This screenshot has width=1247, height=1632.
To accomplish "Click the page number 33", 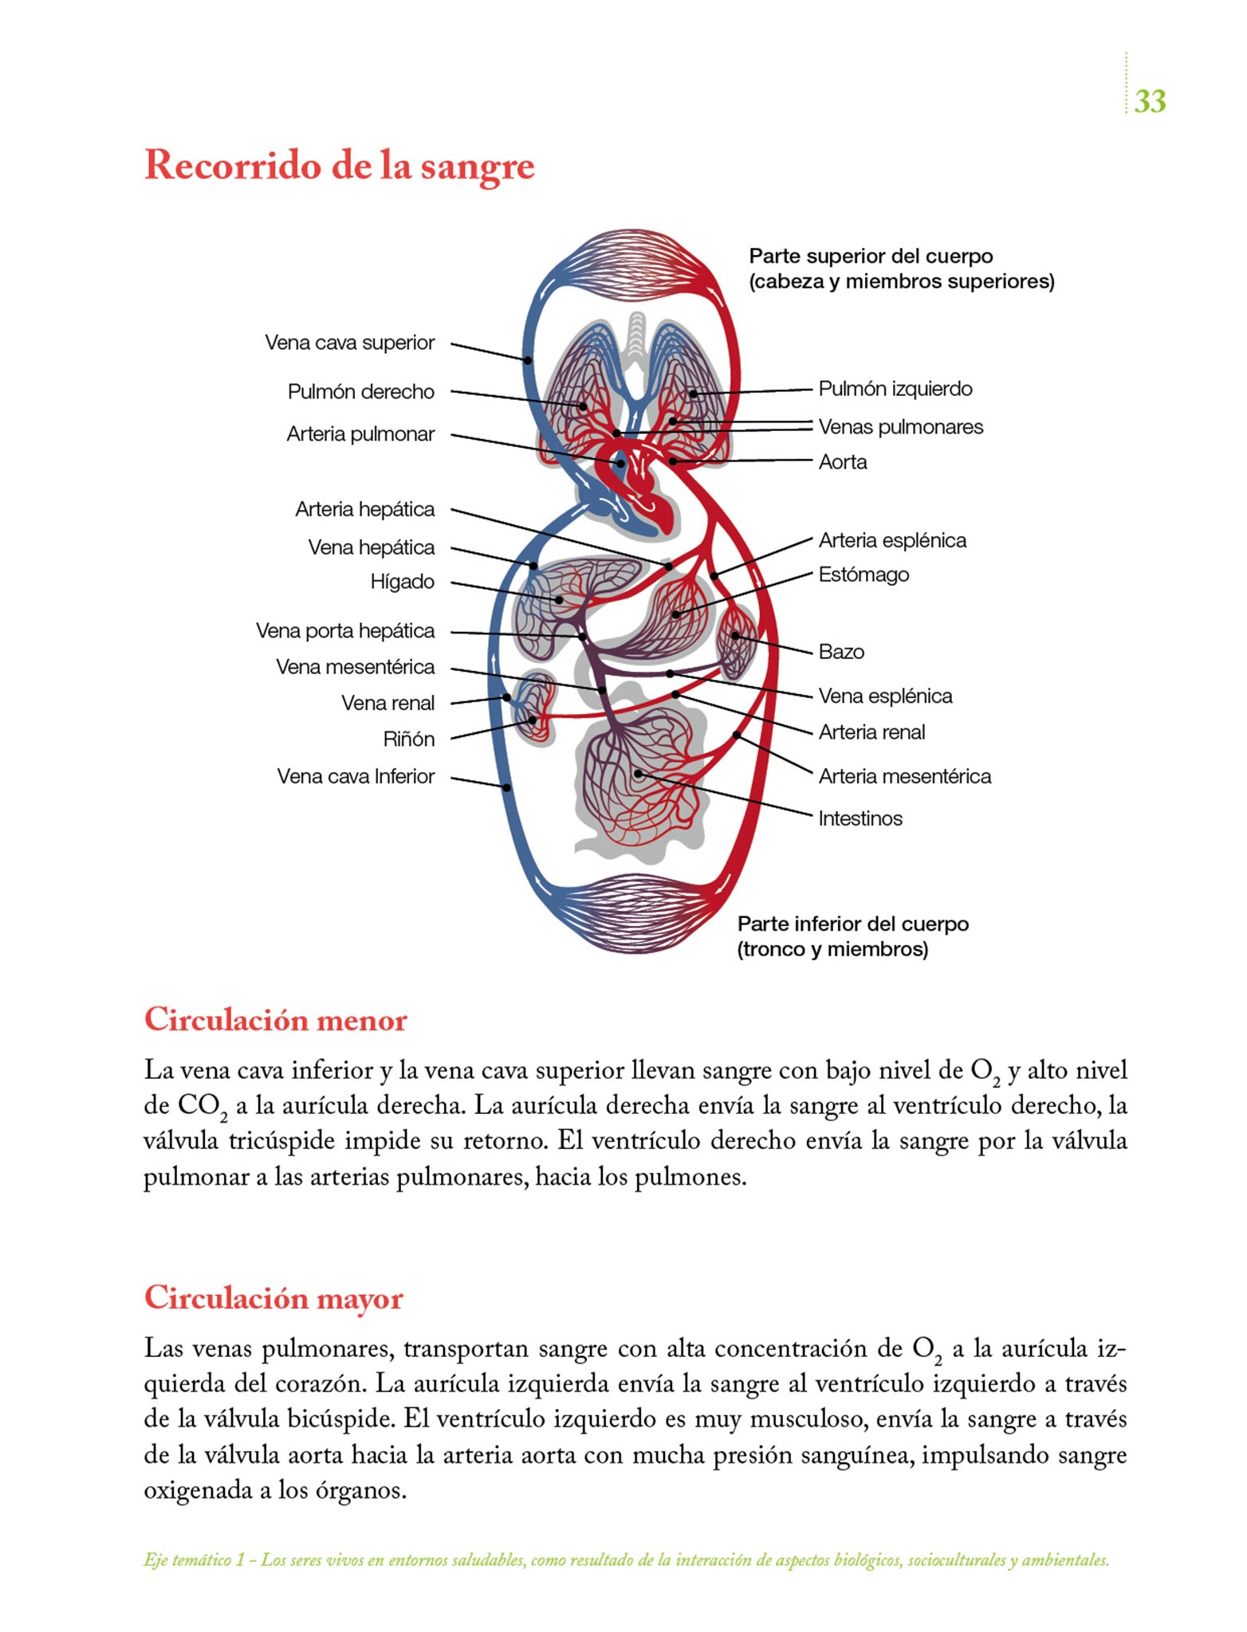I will click(x=1150, y=101).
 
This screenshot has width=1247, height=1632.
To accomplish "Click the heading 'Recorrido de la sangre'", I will click(x=339, y=167).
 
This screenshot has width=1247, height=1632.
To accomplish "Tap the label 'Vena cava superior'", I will click(x=349, y=343).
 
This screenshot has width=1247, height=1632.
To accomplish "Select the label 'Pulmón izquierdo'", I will click(x=895, y=389).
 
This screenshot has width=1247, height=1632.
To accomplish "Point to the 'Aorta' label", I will click(x=843, y=462).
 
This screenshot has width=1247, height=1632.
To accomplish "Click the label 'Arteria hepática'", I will click(x=364, y=509).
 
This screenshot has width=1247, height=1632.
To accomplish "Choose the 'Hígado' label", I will click(x=402, y=582).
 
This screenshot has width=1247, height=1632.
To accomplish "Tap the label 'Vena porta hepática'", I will click(x=344, y=631).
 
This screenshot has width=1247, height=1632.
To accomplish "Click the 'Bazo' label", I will click(x=841, y=652).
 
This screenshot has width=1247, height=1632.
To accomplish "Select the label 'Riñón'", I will click(x=408, y=739).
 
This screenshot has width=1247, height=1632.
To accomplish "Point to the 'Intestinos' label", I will click(x=860, y=818).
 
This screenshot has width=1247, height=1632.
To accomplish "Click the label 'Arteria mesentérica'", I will click(x=905, y=776).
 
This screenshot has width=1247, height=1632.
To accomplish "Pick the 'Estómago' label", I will click(x=863, y=575).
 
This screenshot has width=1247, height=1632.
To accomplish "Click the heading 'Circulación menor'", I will click(x=275, y=1020).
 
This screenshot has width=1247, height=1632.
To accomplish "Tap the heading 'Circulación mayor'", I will click(x=273, y=1298).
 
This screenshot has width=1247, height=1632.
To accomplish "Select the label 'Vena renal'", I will click(x=387, y=703).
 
